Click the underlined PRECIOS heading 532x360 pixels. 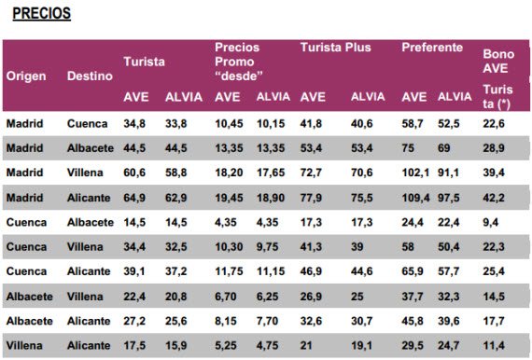pyautogui.click(x=42, y=14)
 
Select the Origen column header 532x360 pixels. pyautogui.click(x=26, y=76)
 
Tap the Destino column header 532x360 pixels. pyautogui.click(x=90, y=76)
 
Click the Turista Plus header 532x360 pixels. pyautogui.click(x=336, y=48)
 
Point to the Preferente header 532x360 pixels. pyautogui.click(x=432, y=48)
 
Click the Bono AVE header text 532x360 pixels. pyautogui.click(x=498, y=61)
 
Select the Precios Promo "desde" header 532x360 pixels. pyautogui.click(x=239, y=62)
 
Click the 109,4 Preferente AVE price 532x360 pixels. pyautogui.click(x=415, y=198)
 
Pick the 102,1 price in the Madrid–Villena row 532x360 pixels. pyautogui.click(x=415, y=173)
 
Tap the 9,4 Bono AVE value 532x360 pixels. pyautogui.click(x=491, y=222)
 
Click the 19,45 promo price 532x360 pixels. pyautogui.click(x=229, y=198)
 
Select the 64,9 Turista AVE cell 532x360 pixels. pyautogui.click(x=134, y=198)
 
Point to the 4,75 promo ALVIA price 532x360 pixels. pyautogui.click(x=267, y=345)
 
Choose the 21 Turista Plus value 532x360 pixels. pyautogui.click(x=306, y=345)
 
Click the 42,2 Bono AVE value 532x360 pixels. pyautogui.click(x=494, y=198)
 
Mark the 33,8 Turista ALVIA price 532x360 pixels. pyautogui.click(x=176, y=123)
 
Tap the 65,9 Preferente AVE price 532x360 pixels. pyautogui.click(x=413, y=271)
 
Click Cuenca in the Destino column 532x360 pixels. pyautogui.click(x=87, y=123)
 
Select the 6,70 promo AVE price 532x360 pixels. pyautogui.click(x=226, y=297)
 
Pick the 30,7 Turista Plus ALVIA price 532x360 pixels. pyautogui.click(x=362, y=321)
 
